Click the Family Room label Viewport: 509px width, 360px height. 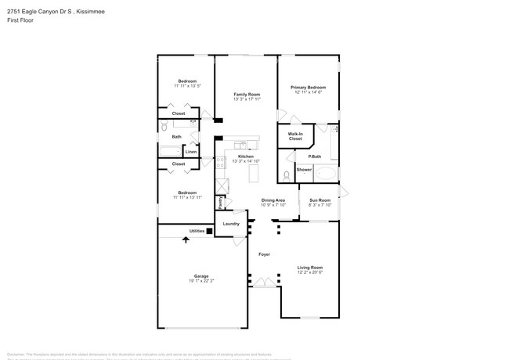pyautogui.click(x=246, y=95)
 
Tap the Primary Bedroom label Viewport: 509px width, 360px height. pyautogui.click(x=308, y=88)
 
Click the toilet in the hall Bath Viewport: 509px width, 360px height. pyautogui.click(x=164, y=126)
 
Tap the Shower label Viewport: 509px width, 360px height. pyautogui.click(x=304, y=169)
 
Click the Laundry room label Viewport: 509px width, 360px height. pyautogui.click(x=231, y=224)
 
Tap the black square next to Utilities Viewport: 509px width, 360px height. pyautogui.click(x=209, y=232)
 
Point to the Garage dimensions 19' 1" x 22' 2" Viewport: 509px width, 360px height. pyautogui.click(x=201, y=279)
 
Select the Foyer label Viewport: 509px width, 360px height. pyautogui.click(x=265, y=254)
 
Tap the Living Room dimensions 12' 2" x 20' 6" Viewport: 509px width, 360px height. pyautogui.click(x=309, y=272)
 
